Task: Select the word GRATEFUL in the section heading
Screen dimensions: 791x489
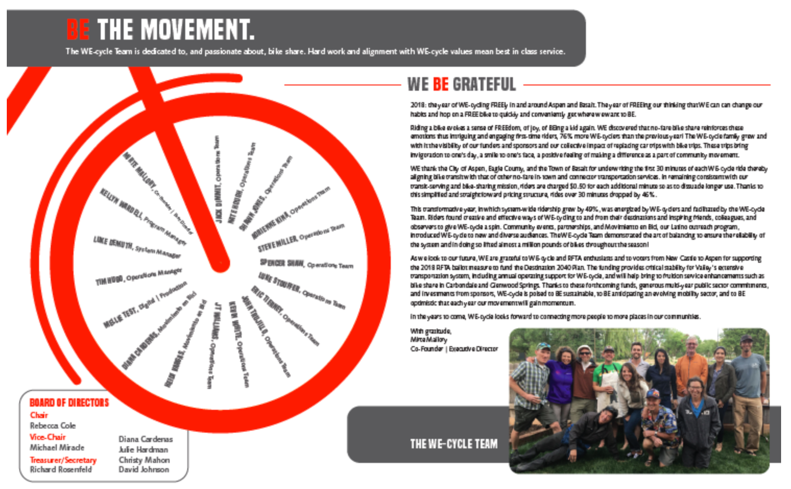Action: pyautogui.click(x=484, y=84)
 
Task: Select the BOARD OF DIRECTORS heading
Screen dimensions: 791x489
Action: pyautogui.click(x=69, y=402)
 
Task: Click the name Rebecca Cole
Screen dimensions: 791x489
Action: pyautogui.click(x=53, y=426)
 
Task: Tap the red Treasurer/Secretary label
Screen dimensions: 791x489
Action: pyautogui.click(x=63, y=460)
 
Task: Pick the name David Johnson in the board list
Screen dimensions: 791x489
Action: pyautogui.click(x=143, y=469)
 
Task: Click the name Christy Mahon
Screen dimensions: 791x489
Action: pyautogui.click(x=144, y=460)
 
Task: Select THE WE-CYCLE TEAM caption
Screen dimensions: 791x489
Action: pyautogui.click(x=453, y=444)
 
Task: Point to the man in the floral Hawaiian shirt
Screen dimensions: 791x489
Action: pyautogui.click(x=655, y=422)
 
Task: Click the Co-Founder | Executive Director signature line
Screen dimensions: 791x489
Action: pyautogui.click(x=454, y=349)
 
